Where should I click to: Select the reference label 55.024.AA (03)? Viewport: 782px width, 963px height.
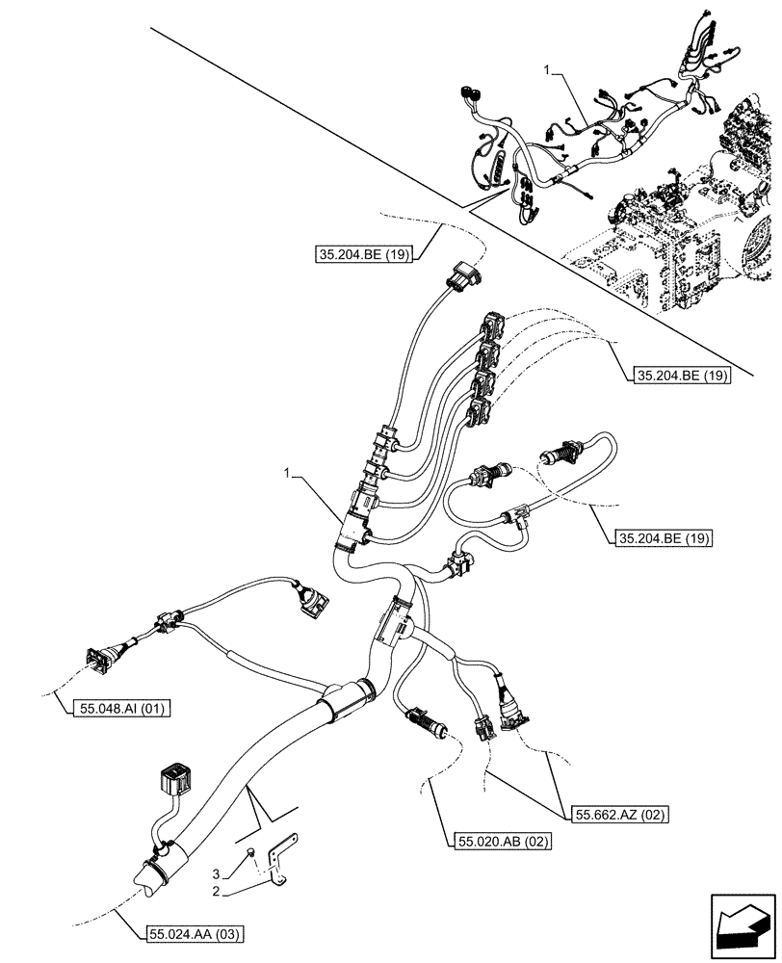coord(196,933)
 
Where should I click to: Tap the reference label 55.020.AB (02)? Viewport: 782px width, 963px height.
coord(500,841)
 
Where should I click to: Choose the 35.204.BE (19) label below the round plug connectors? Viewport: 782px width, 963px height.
coord(662,537)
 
